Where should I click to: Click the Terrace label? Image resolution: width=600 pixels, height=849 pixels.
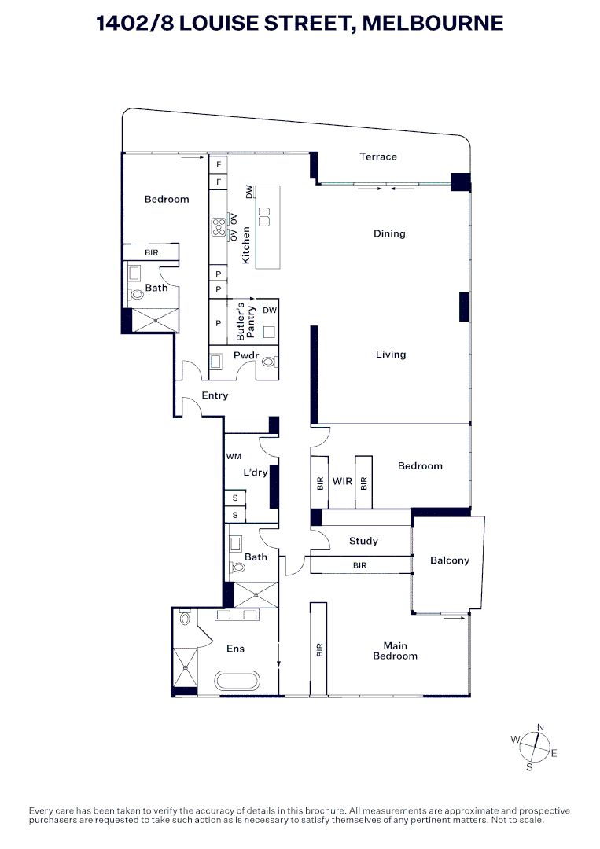(378, 156)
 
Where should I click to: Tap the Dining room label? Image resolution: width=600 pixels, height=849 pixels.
(389, 233)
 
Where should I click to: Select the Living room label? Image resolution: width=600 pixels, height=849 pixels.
(390, 355)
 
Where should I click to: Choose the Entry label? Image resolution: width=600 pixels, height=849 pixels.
(215, 395)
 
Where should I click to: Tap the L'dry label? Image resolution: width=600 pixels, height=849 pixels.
(256, 472)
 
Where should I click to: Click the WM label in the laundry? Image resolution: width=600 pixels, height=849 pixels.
(234, 456)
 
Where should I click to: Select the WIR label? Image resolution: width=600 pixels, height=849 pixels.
(342, 481)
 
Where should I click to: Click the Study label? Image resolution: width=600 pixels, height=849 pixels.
(363, 541)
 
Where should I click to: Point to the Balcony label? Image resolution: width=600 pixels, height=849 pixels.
(450, 560)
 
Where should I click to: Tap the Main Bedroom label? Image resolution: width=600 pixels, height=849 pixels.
(395, 651)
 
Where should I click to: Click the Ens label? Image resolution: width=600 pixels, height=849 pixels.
(235, 649)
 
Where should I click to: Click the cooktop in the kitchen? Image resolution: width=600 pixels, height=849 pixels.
(219, 226)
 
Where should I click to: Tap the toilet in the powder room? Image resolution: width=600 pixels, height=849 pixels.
(270, 362)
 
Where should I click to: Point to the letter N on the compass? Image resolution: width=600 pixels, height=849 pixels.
(540, 727)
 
